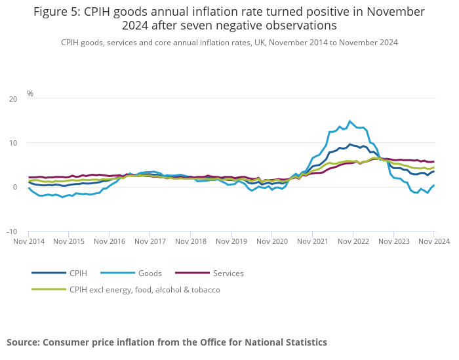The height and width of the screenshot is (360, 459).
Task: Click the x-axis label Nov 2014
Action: pyautogui.click(x=28, y=241)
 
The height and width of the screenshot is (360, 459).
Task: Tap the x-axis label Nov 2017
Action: pyautogui.click(x=150, y=241)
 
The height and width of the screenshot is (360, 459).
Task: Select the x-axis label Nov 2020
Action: pyautogui.click(x=271, y=241)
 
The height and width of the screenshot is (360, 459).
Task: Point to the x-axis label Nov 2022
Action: pyautogui.click(x=353, y=241)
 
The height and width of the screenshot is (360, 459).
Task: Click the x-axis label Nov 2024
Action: pyautogui.click(x=433, y=241)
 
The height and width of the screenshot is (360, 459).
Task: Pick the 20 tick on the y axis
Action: pyautogui.click(x=13, y=99)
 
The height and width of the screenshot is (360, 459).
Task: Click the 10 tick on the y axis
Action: pyautogui.click(x=13, y=143)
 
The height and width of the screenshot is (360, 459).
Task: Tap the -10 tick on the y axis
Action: pyautogui.click(x=12, y=231)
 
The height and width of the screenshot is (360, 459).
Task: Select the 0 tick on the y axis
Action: pyautogui.click(x=15, y=188)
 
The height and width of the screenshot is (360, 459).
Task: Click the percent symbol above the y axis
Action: pyautogui.click(x=30, y=94)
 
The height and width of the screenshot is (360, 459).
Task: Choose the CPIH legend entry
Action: pyautogui.click(x=78, y=273)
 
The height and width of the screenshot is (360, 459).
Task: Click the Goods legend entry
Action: pyautogui.click(x=150, y=273)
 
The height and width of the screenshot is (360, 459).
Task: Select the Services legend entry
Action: pyautogui.click(x=228, y=273)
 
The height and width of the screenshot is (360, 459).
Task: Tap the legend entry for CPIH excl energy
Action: pyautogui.click(x=144, y=289)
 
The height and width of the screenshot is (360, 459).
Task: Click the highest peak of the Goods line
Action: pyautogui.click(x=350, y=121)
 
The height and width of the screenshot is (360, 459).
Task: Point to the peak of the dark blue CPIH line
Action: pyautogui.click(x=350, y=144)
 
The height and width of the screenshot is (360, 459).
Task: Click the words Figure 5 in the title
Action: pyautogui.click(x=56, y=12)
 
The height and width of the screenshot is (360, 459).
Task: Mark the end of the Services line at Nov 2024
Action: pyautogui.click(x=433, y=161)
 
